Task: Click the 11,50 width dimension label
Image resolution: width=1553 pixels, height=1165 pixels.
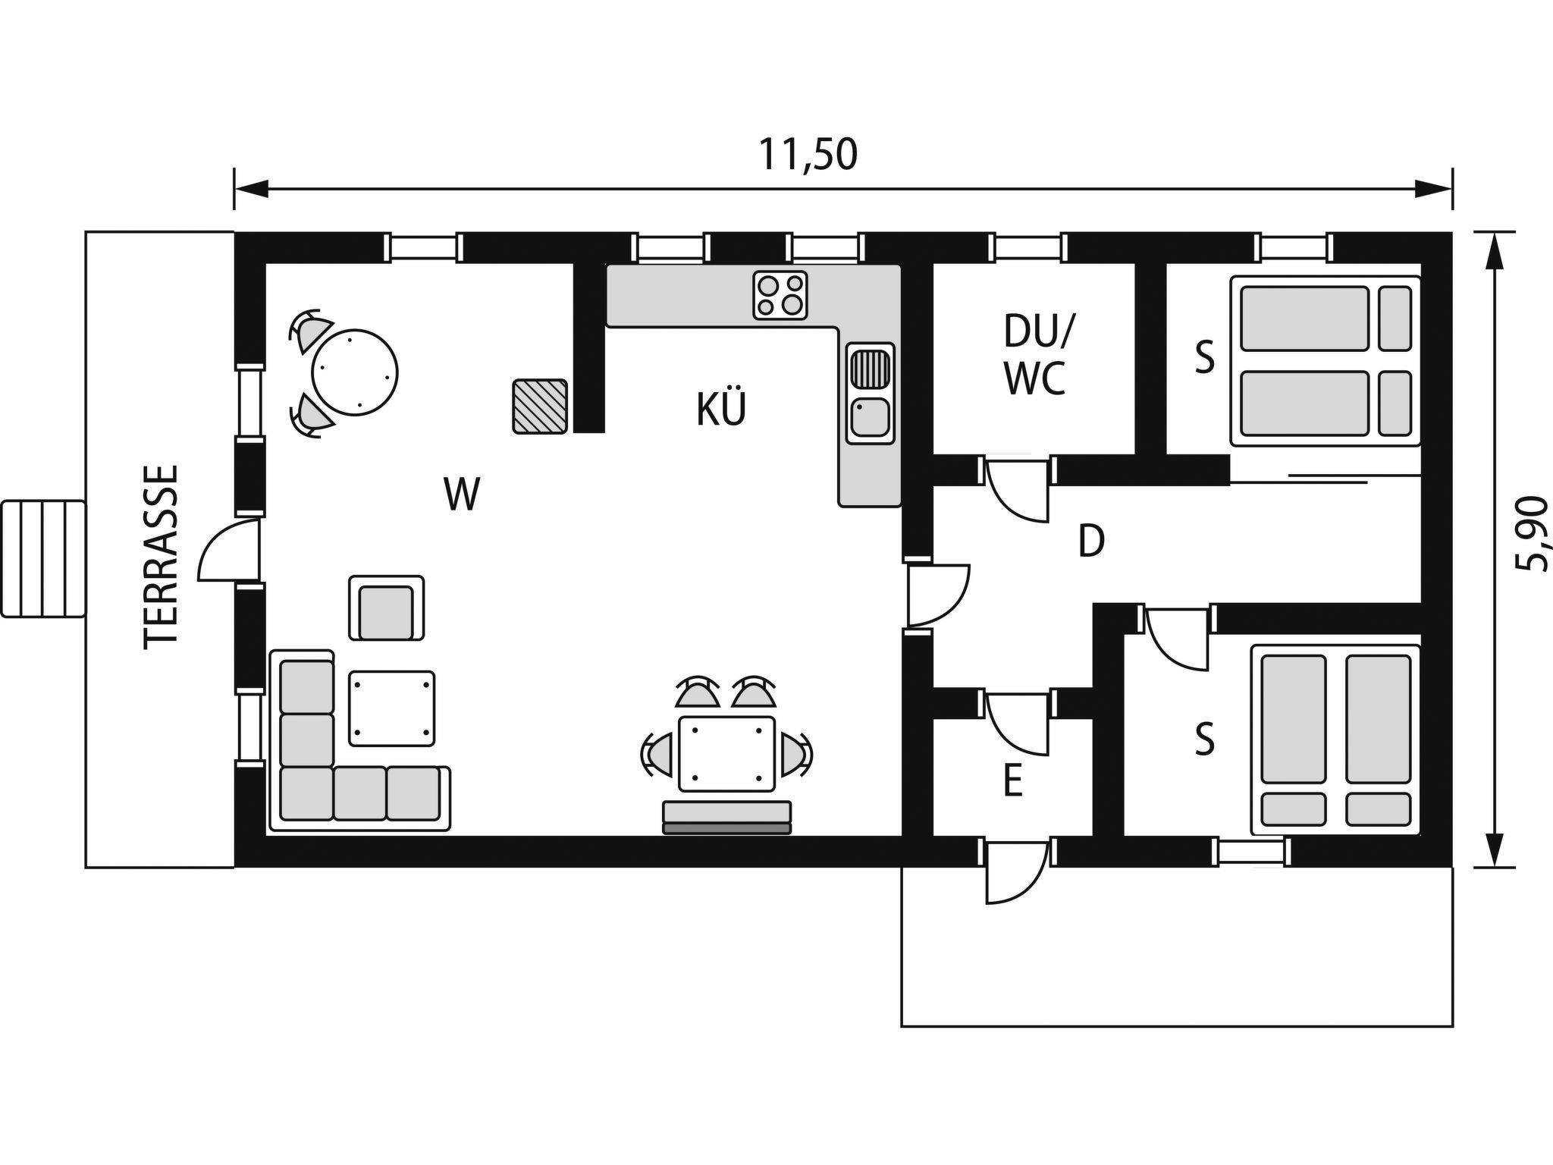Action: click(808, 155)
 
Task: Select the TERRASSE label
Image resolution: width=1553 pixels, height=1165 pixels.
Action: click(162, 557)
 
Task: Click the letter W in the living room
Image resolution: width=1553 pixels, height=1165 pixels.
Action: click(463, 494)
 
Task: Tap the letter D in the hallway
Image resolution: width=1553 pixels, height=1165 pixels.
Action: click(1091, 542)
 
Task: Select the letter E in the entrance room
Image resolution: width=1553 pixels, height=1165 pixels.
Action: click(1012, 781)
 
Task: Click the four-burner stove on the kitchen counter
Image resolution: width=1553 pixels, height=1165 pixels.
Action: click(780, 295)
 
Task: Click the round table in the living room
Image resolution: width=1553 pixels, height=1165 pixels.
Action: click(355, 372)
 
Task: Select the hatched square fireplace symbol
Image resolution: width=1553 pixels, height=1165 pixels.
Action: click(540, 406)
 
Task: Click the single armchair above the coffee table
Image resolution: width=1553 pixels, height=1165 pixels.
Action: click(387, 608)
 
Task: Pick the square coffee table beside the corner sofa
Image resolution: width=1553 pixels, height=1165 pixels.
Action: click(392, 708)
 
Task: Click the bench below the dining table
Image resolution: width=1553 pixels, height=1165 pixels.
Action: click(727, 818)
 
